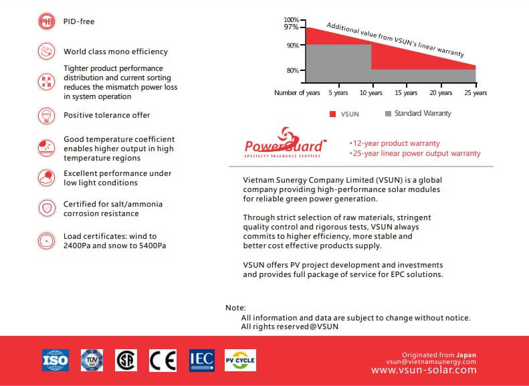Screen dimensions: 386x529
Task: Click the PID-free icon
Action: (x=46, y=21)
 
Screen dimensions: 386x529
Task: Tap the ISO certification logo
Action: (x=55, y=360)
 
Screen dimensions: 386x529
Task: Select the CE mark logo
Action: (x=162, y=360)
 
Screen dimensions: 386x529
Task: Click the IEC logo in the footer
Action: (x=201, y=360)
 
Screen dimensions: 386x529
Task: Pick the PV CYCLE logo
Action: (x=239, y=360)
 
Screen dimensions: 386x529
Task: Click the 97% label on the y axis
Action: (x=291, y=27)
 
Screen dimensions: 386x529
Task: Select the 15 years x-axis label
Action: (x=406, y=93)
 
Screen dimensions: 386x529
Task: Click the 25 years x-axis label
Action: (x=475, y=93)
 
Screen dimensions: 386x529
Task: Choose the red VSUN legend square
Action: (x=332, y=114)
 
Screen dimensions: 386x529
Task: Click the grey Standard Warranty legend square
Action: (x=387, y=114)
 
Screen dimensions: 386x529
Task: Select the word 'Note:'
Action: (x=235, y=308)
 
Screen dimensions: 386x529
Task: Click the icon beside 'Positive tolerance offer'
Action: (x=46, y=115)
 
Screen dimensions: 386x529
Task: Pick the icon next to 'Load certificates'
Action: (x=46, y=240)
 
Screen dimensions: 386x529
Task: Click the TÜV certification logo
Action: (x=92, y=360)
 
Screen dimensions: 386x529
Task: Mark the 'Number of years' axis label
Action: (x=297, y=93)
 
